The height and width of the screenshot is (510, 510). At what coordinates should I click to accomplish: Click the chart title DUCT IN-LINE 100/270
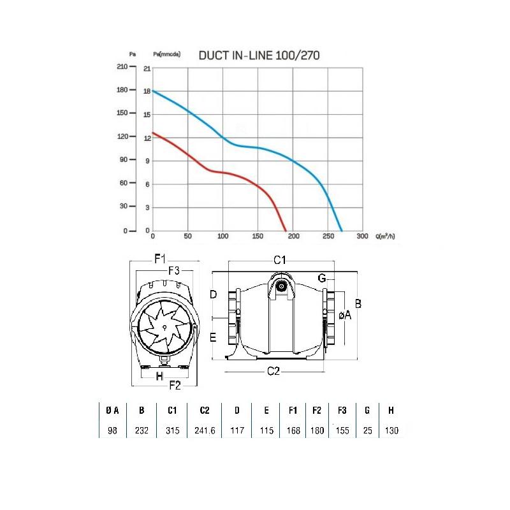tap(259, 55)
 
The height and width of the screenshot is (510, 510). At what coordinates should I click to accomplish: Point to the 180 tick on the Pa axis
tap(122, 90)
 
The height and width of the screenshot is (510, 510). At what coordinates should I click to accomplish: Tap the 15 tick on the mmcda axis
tap(147, 115)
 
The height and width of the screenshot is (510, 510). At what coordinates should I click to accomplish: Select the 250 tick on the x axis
tap(328, 236)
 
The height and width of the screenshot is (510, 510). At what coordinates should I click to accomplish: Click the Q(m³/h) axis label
tap(385, 236)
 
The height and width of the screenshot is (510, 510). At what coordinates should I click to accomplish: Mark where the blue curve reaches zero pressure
tap(342, 231)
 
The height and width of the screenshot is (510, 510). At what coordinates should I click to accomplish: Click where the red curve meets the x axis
tap(286, 231)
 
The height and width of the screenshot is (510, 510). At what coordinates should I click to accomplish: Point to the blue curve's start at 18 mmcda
tap(153, 91)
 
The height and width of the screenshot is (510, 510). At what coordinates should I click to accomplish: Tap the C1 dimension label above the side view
tap(280, 260)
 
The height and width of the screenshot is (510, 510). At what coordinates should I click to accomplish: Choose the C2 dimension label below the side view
tap(273, 371)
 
